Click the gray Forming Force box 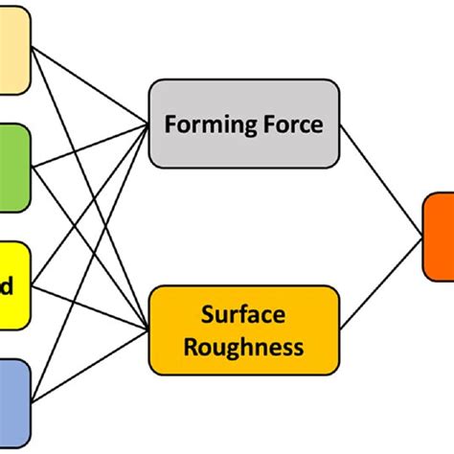pos(243,125)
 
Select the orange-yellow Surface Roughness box pos(243,329)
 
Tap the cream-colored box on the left pos(14,52)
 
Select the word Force pos(288,125)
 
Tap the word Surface pos(243,315)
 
